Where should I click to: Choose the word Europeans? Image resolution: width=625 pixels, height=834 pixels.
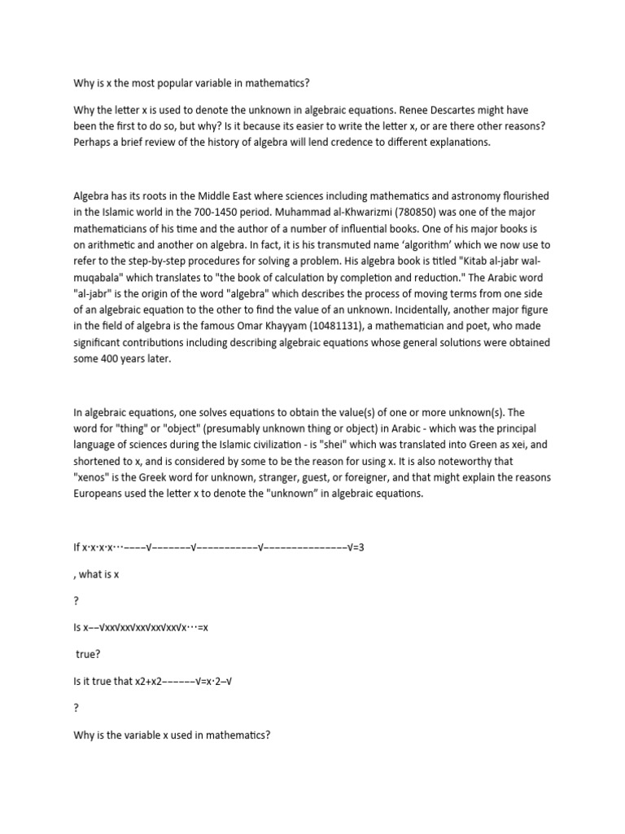click(x=100, y=494)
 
